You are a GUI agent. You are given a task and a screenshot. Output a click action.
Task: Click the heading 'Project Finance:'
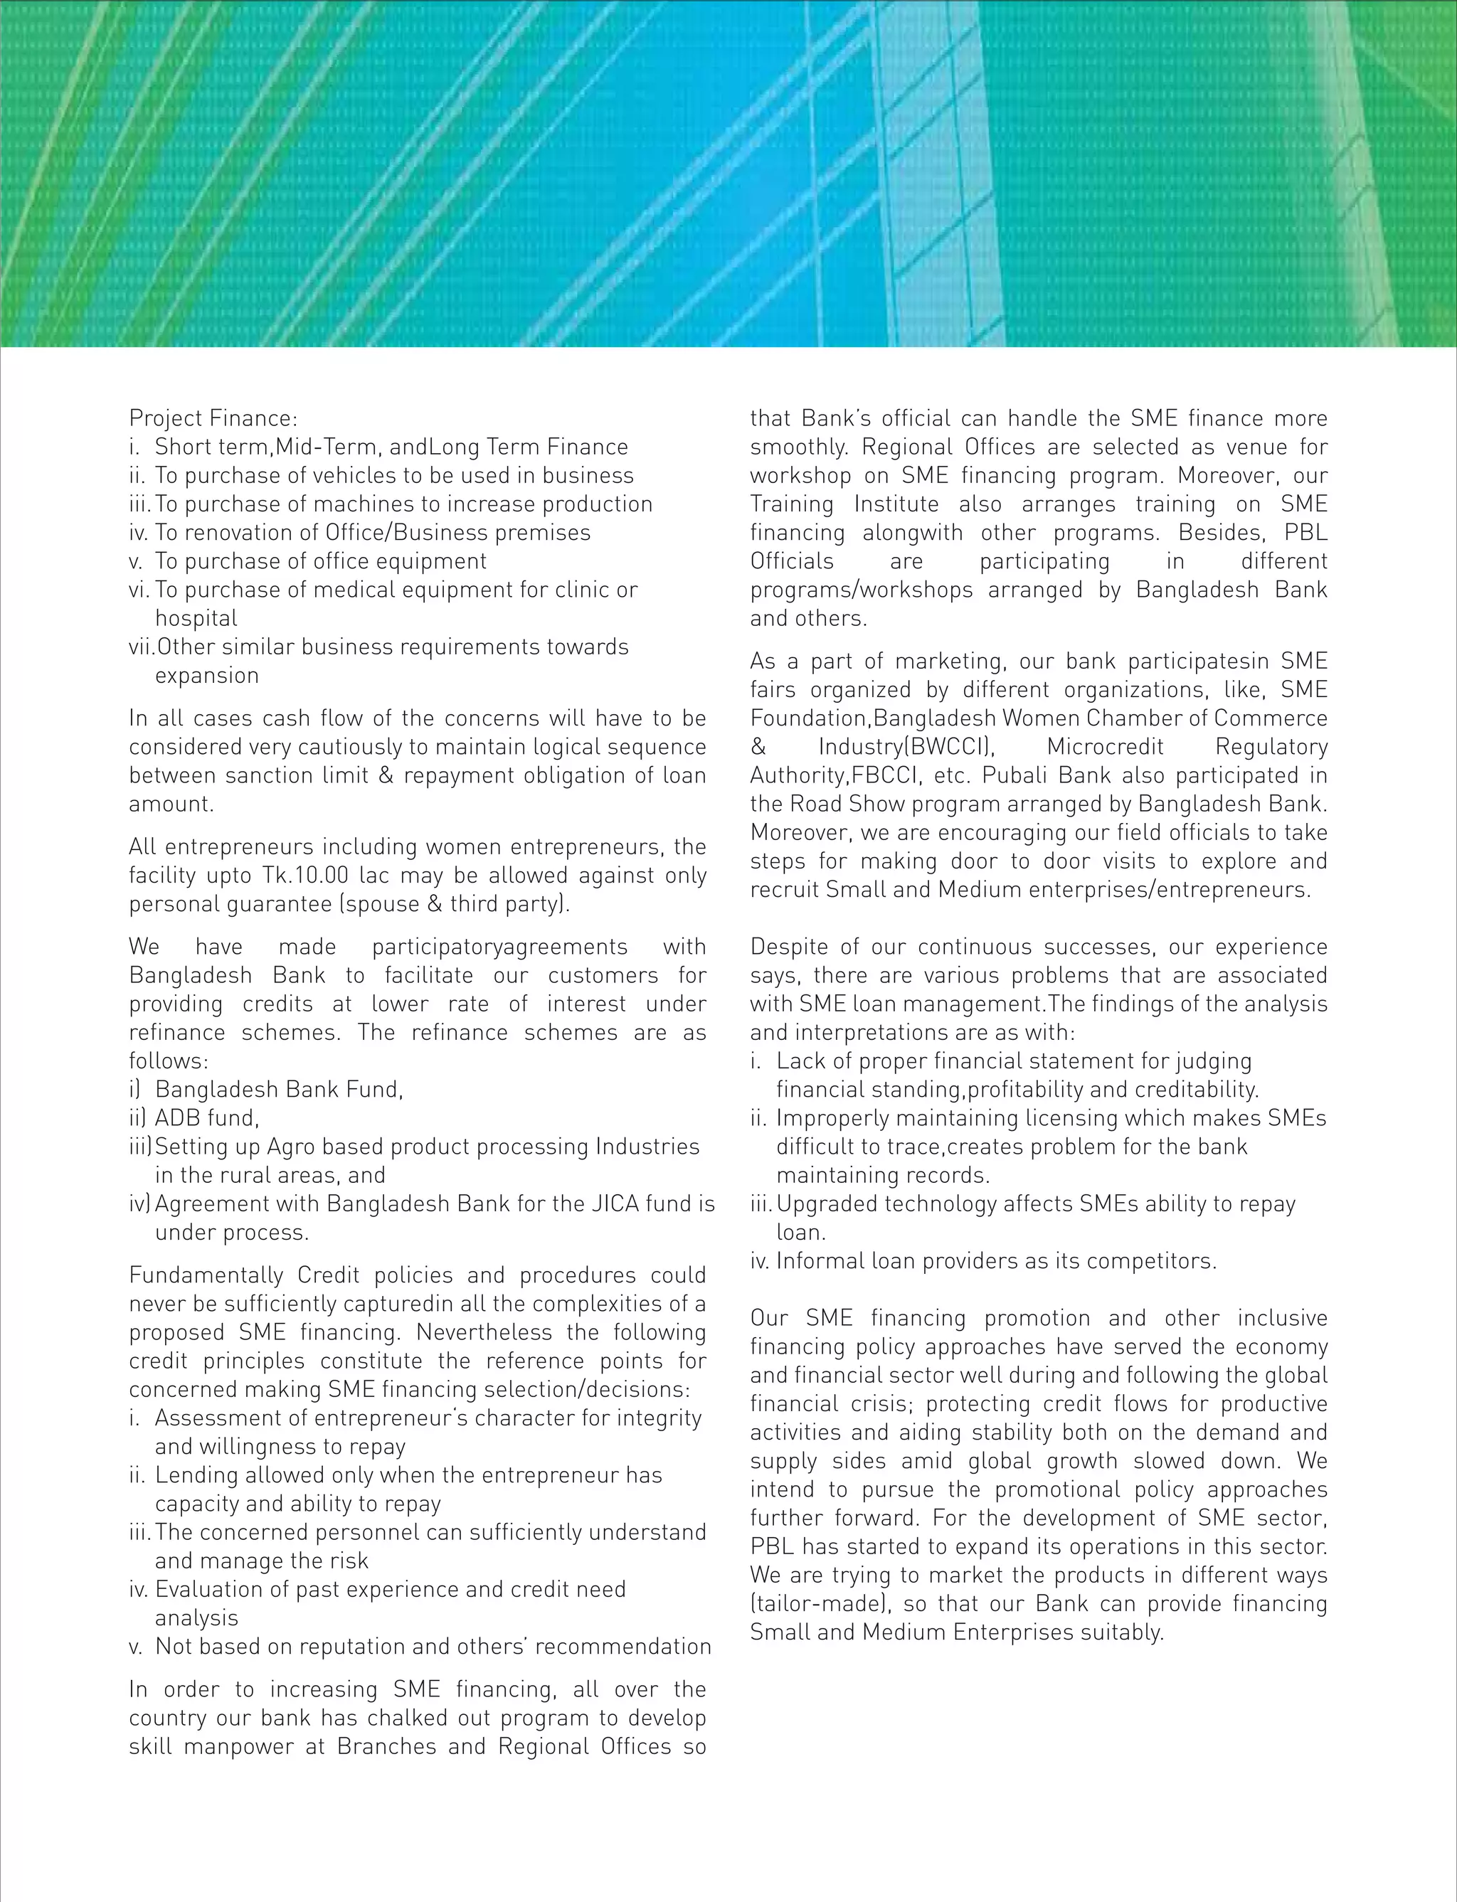pos(213,419)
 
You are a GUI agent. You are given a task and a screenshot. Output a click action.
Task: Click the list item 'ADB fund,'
pos(207,1118)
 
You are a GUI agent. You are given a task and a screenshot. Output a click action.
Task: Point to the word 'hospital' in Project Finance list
pos(196,619)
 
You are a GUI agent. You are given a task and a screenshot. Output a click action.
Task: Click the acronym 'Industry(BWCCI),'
pos(906,748)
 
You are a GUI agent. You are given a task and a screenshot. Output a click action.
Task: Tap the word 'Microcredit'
pos(1105,748)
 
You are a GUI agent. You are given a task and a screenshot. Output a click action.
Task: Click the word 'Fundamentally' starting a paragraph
pos(206,1276)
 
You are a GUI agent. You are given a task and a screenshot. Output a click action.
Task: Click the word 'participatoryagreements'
pos(499,947)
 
